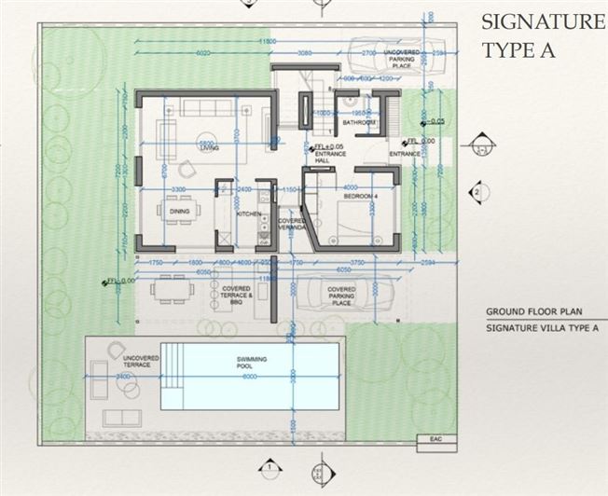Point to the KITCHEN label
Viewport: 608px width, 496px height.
point(248,214)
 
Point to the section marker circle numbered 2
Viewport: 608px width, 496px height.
point(477,192)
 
